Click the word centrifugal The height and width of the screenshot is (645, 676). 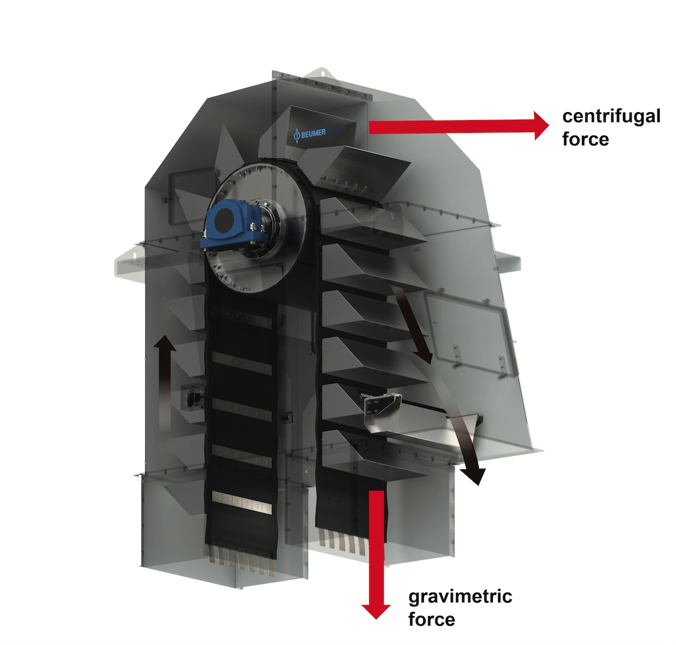(x=611, y=116)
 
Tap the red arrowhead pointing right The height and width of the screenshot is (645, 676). (x=541, y=126)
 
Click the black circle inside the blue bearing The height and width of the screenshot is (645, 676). (x=224, y=221)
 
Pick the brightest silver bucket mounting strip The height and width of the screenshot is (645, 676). (x=242, y=502)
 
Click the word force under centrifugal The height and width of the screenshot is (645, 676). (x=585, y=139)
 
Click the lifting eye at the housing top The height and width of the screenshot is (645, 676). (x=322, y=73)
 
